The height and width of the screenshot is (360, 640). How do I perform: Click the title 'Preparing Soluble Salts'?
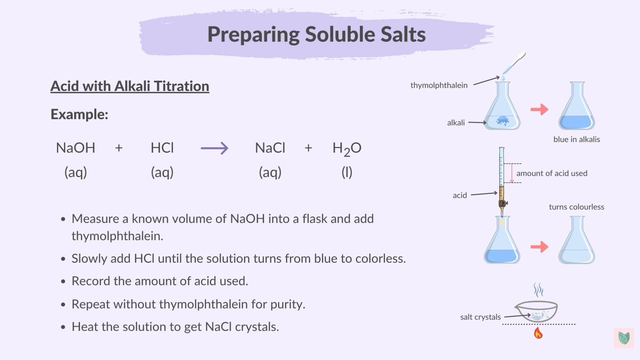pyautogui.click(x=316, y=34)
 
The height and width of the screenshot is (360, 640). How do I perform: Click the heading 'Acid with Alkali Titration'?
pyautogui.click(x=130, y=86)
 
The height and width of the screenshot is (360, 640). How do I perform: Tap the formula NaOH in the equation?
pyautogui.click(x=76, y=148)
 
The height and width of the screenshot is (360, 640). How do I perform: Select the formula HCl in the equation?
pyautogui.click(x=162, y=148)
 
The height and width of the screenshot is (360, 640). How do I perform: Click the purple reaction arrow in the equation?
pyautogui.click(x=214, y=148)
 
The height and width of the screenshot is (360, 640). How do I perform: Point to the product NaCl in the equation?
pyautogui.click(x=270, y=148)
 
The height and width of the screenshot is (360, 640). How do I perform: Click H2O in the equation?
pyautogui.click(x=347, y=148)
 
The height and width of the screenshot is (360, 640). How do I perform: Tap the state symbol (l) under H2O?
pyautogui.click(x=347, y=172)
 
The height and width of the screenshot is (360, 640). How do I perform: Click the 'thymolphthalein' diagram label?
pyautogui.click(x=439, y=85)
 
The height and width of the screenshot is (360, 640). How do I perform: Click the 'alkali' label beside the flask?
pyautogui.click(x=456, y=123)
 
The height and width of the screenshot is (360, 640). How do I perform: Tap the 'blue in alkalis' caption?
pyautogui.click(x=576, y=139)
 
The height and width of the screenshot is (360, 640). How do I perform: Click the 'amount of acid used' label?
pyautogui.click(x=552, y=173)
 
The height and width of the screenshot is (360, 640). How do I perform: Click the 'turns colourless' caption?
pyautogui.click(x=576, y=207)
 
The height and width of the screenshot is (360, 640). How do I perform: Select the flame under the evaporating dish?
pyautogui.click(x=538, y=333)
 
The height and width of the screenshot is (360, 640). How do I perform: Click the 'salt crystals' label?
pyautogui.click(x=480, y=317)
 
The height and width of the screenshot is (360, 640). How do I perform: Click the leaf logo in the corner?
pyautogui.click(x=624, y=338)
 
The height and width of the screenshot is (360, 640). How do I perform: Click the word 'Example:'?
pyautogui.click(x=79, y=114)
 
